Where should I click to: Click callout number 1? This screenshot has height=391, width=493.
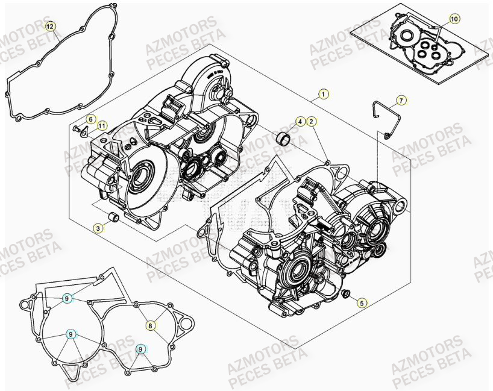click(x=324, y=93)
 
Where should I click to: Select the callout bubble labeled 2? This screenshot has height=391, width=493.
click(x=311, y=122)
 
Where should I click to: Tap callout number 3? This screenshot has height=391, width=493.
click(x=97, y=228)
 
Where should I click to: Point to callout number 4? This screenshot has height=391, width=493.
click(x=299, y=122)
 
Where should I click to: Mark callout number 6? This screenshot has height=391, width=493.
click(x=89, y=119)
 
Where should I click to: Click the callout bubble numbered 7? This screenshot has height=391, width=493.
click(x=401, y=99)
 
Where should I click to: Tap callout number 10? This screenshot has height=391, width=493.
click(x=454, y=19)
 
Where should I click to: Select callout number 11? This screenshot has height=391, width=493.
click(x=102, y=126)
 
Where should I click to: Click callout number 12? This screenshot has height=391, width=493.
click(x=51, y=26)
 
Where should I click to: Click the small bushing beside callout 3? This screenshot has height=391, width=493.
click(x=113, y=217)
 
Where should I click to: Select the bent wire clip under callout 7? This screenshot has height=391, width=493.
click(x=382, y=118)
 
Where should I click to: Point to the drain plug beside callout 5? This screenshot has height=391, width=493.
click(x=346, y=294)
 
